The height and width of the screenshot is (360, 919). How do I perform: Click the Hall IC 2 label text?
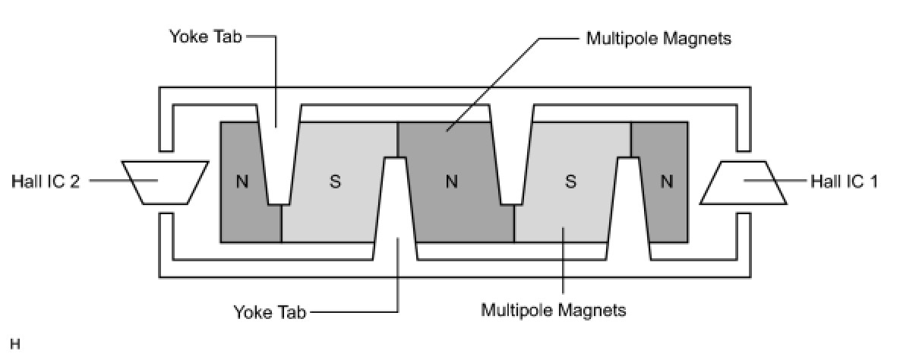click(x=46, y=182)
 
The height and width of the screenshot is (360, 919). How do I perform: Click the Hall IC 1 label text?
click(x=844, y=182)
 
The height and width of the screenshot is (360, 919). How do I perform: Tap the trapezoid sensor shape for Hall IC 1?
click(x=743, y=182)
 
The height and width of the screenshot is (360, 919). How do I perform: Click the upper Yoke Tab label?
click(x=205, y=36)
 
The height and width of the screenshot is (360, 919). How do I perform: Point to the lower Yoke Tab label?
click(x=270, y=311)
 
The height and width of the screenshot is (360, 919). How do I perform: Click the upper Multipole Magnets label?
click(x=658, y=38)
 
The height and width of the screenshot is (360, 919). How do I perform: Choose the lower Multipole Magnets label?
click(x=554, y=310)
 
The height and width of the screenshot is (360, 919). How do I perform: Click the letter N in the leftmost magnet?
click(x=242, y=182)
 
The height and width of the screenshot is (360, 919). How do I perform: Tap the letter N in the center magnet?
click(x=452, y=182)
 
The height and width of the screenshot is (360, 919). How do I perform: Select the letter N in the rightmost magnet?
click(x=667, y=182)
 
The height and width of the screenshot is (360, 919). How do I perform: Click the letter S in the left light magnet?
click(x=335, y=182)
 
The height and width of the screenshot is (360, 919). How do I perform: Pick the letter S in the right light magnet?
click(x=571, y=182)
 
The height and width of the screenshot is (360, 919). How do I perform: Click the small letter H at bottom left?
click(x=15, y=345)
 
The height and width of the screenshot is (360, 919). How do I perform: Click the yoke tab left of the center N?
click(x=395, y=205)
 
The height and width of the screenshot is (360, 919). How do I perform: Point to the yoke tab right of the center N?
click(x=511, y=159)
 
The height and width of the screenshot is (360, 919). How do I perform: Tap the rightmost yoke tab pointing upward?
click(x=628, y=205)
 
